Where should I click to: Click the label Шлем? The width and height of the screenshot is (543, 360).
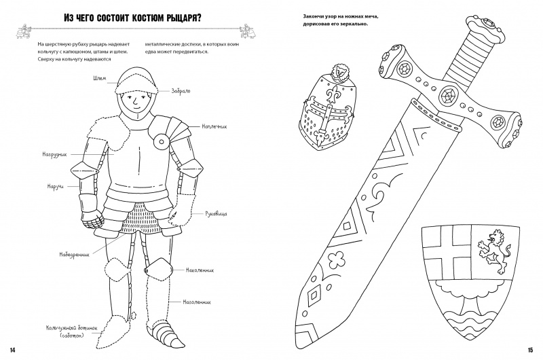coord(99,78)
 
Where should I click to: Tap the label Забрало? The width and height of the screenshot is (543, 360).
coord(181,91)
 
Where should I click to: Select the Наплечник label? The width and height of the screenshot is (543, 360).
coord(214,127)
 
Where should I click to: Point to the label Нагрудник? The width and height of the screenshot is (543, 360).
coord(54,155)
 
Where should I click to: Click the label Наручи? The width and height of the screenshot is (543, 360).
coord(56,186)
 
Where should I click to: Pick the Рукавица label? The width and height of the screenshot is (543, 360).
coord(216,214)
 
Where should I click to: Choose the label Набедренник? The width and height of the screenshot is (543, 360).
coord(74,255)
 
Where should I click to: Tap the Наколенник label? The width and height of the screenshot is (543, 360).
coord(200,270)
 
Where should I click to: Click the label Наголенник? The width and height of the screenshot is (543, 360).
coord(197,302)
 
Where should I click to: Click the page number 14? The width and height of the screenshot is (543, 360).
coord(13,350)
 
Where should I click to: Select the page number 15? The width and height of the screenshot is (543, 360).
coord(530,350)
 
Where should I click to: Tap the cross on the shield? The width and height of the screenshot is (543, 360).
coord(445,249)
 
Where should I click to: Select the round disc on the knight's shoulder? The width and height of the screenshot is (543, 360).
coord(162,141)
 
